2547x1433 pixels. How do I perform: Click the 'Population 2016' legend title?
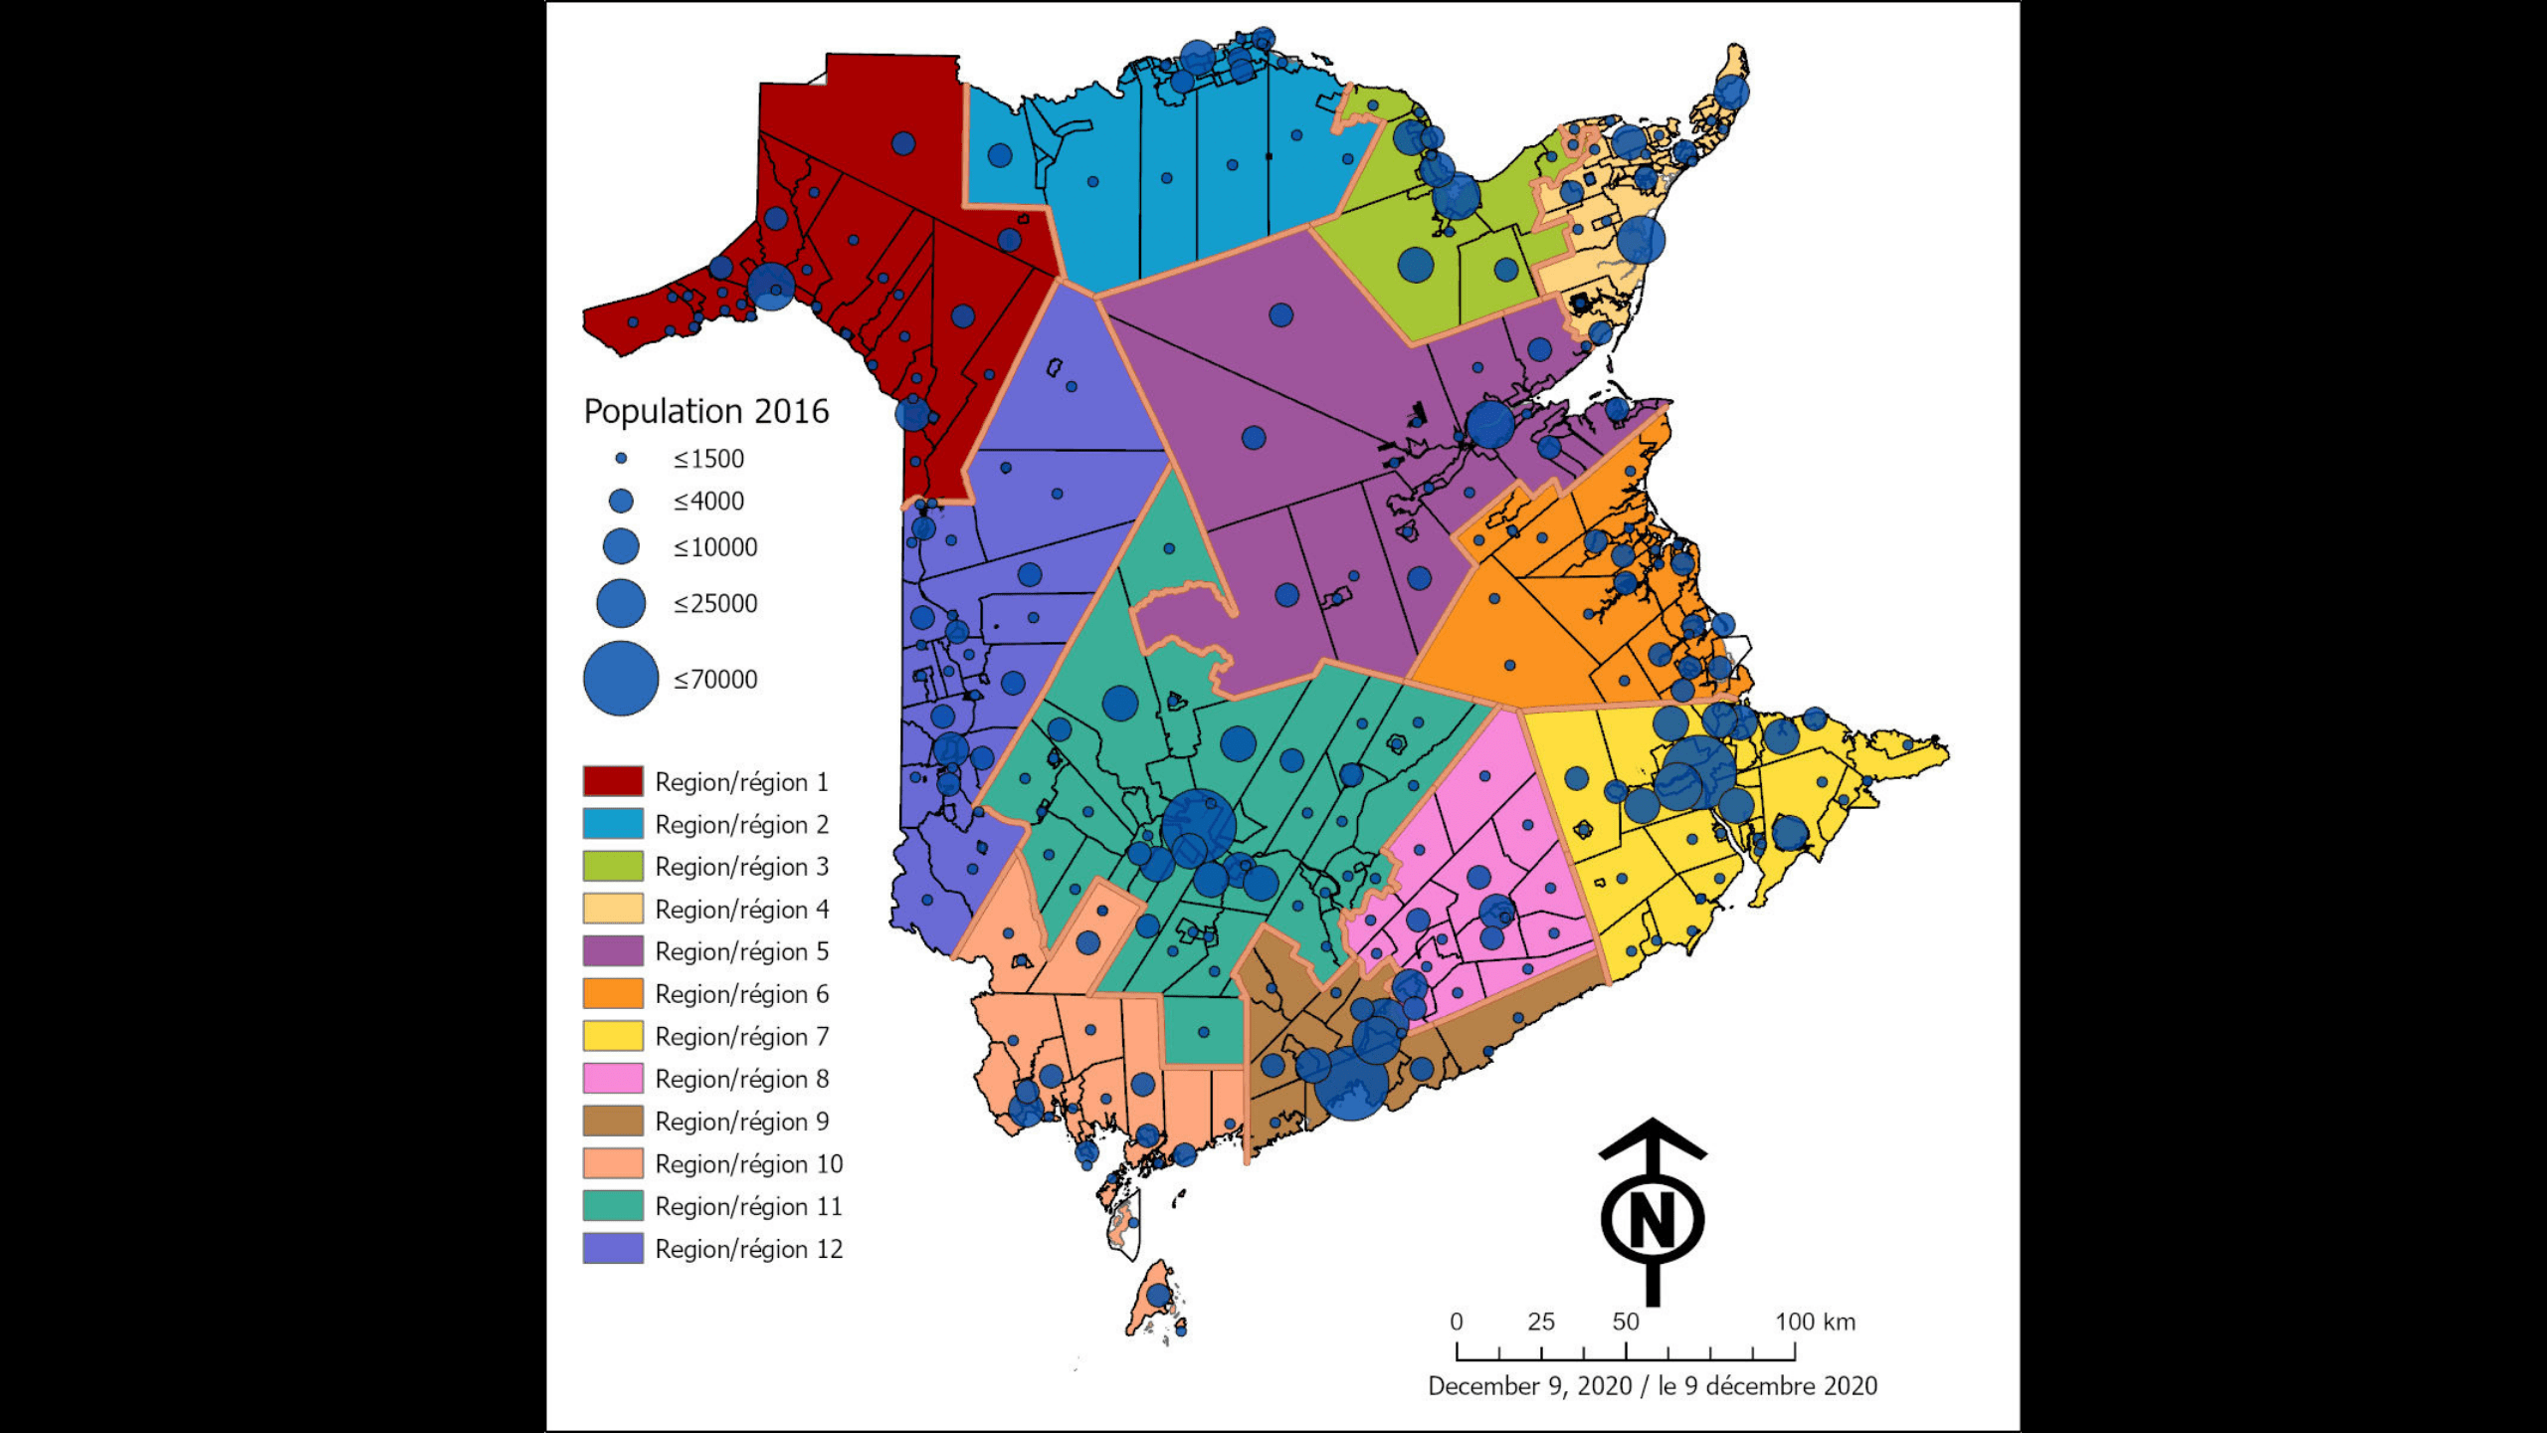pos(705,411)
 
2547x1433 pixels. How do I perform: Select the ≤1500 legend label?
pos(708,459)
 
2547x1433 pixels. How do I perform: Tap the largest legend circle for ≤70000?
pos(621,679)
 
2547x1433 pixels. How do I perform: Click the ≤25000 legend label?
pos(715,603)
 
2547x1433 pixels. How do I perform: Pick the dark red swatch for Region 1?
pos(613,781)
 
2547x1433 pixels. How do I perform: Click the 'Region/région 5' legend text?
pos(741,951)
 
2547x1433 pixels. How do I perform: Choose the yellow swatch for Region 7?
pos(613,1036)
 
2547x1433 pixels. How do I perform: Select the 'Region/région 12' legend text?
pos(748,1249)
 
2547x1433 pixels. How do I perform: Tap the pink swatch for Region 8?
pos(613,1079)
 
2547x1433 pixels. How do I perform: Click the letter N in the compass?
pos(1653,1220)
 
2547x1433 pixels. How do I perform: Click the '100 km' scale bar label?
pos(1815,1322)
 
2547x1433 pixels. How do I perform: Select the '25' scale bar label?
pos(1540,1322)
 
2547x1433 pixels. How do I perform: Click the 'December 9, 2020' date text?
pos(1529,1386)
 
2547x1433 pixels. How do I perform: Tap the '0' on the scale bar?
pos(1457,1322)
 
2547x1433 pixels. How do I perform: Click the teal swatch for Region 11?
pos(613,1206)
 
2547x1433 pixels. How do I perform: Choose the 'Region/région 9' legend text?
pos(741,1122)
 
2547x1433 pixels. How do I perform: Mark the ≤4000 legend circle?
pos(621,501)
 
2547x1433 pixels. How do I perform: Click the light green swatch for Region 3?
pos(613,866)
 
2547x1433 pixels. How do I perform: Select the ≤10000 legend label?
pos(715,547)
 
